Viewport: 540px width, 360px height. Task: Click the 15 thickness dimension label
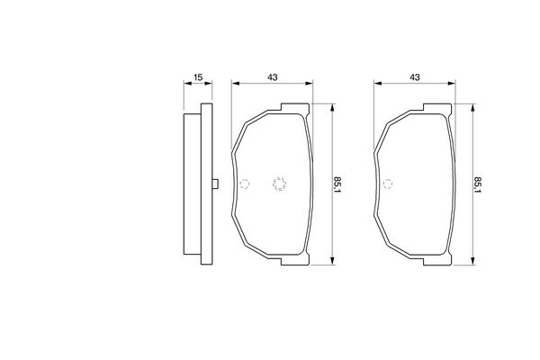pyautogui.click(x=198, y=77)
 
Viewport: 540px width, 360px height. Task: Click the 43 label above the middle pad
pyautogui.click(x=273, y=77)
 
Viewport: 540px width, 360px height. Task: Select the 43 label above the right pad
pyautogui.click(x=415, y=77)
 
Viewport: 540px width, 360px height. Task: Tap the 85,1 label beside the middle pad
pyautogui.click(x=337, y=185)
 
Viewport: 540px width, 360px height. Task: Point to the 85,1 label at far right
pyautogui.click(x=478, y=185)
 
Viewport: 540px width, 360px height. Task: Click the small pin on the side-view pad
pyautogui.click(x=215, y=184)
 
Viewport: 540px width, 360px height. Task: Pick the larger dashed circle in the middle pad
pyautogui.click(x=279, y=184)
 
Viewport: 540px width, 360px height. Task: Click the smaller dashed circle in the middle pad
pyautogui.click(x=245, y=184)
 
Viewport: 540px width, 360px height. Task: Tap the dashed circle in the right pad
pyautogui.click(x=387, y=184)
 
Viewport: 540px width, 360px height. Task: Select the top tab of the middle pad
pyautogui.click(x=295, y=108)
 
